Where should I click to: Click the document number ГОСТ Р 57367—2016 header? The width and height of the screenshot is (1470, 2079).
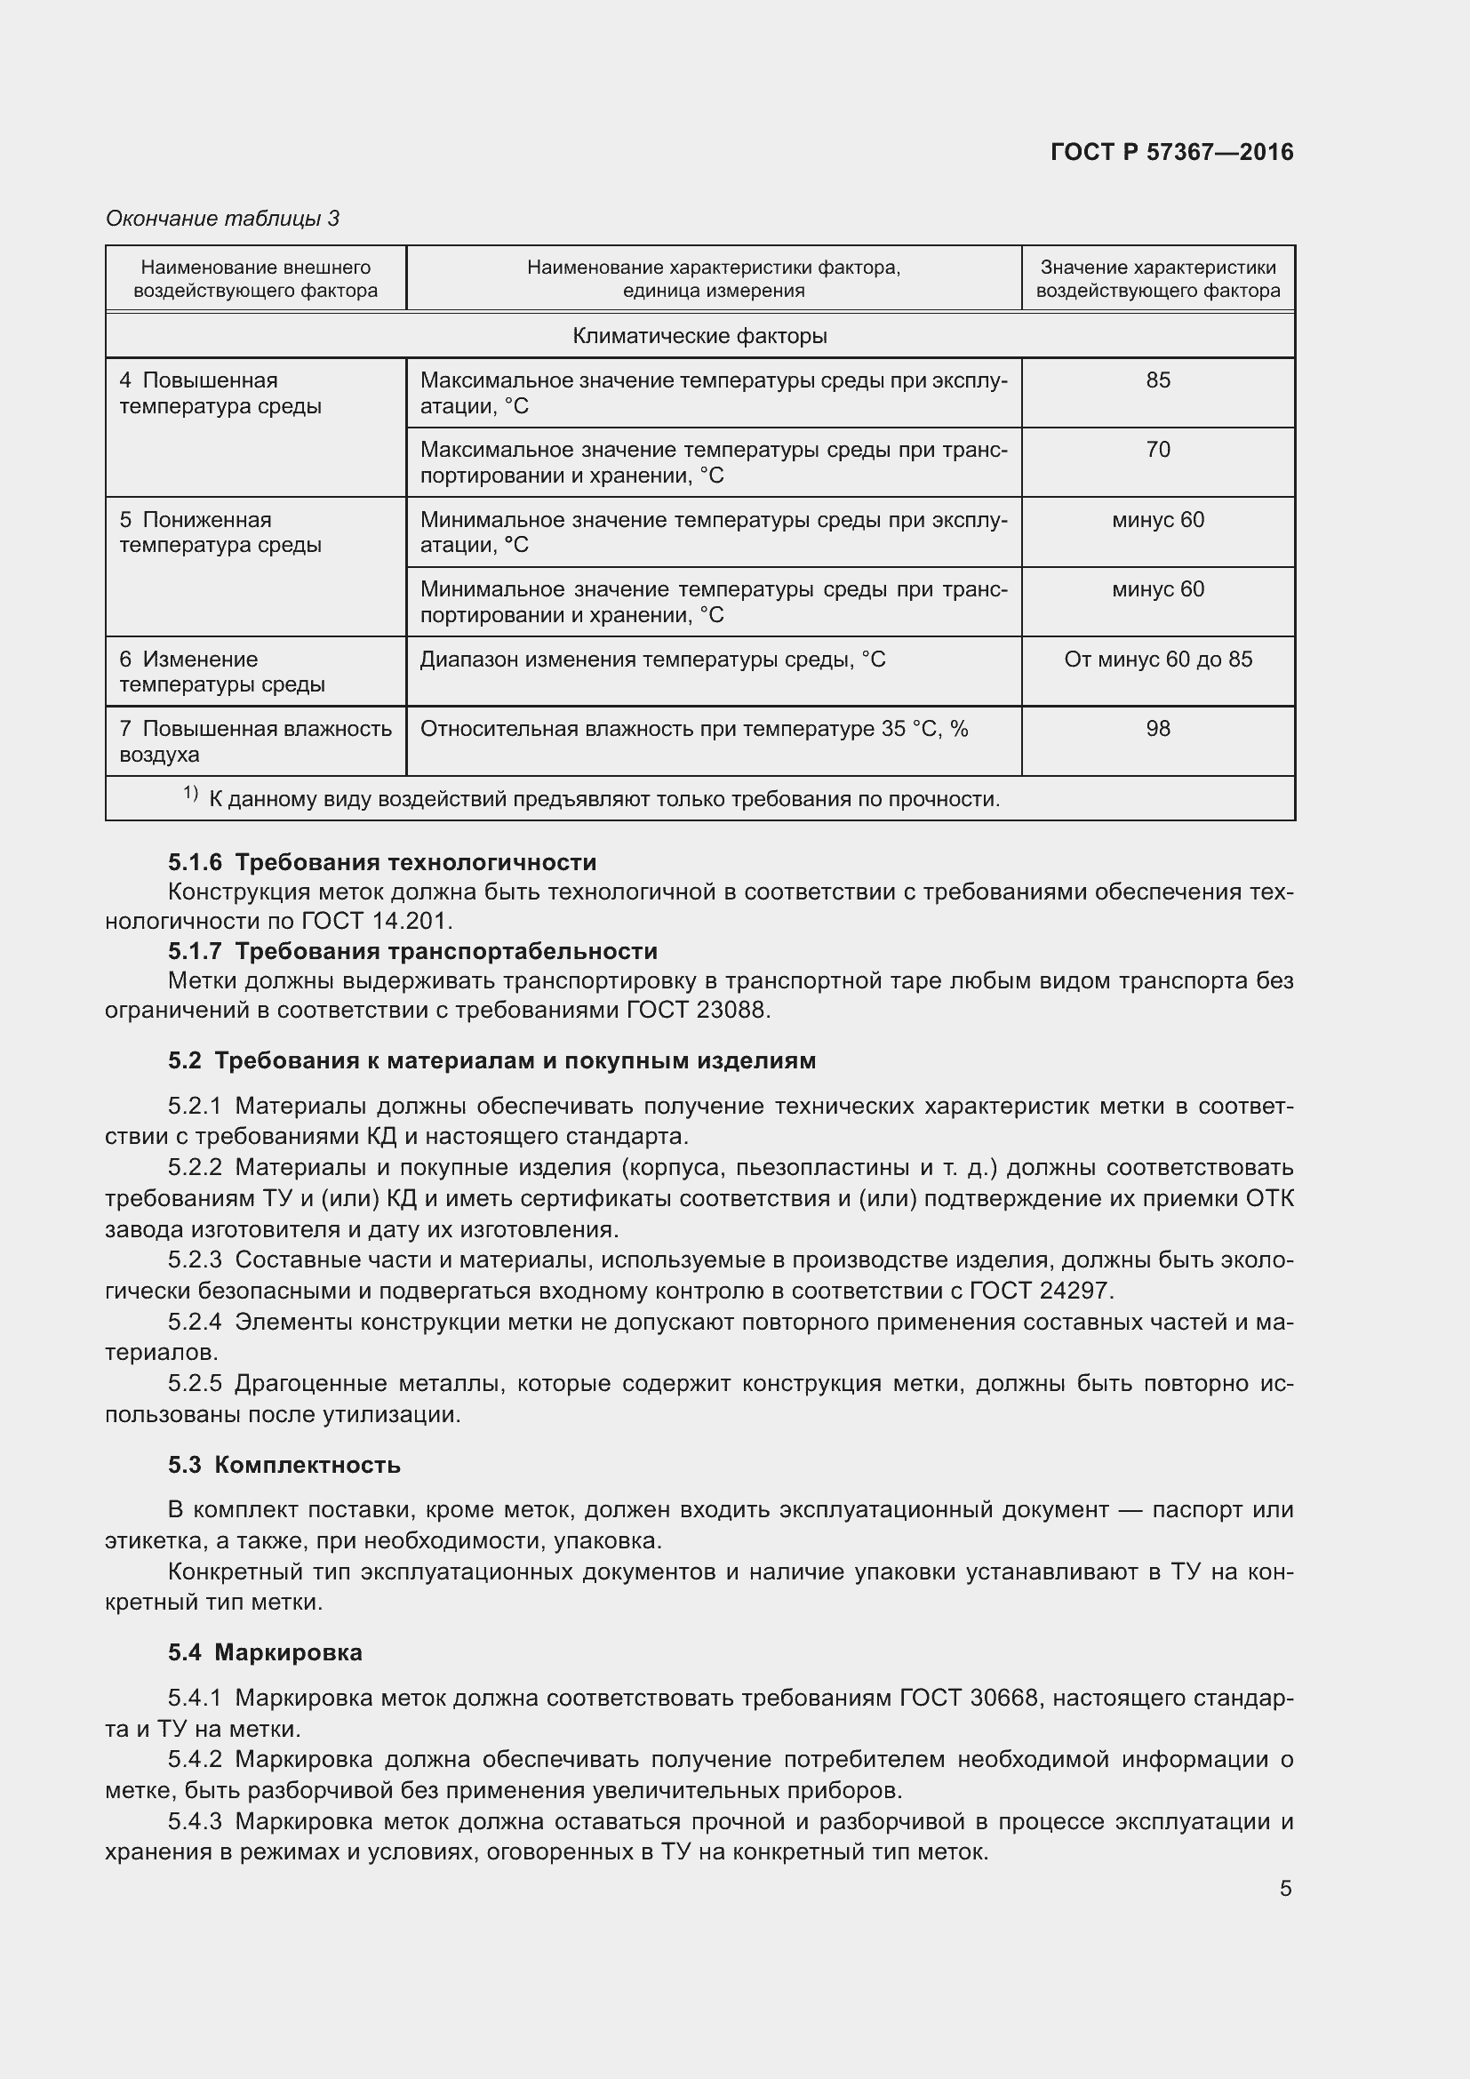(x=1171, y=152)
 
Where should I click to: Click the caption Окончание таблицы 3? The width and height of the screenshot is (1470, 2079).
(x=223, y=219)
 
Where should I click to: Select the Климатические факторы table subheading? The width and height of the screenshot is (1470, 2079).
(x=699, y=336)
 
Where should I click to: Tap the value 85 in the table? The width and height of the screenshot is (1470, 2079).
(x=1158, y=380)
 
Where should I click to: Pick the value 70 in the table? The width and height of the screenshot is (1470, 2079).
(x=1158, y=450)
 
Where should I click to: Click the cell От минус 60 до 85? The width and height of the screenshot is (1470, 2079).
(x=1158, y=660)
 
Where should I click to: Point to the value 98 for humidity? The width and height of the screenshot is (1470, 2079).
(x=1158, y=729)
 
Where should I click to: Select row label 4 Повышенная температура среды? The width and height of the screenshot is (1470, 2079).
(x=220, y=393)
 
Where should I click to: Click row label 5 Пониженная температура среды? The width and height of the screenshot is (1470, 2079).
(x=220, y=532)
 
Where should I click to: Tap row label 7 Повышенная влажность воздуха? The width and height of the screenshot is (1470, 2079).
(x=254, y=741)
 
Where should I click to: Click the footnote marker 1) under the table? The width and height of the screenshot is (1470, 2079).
(x=190, y=794)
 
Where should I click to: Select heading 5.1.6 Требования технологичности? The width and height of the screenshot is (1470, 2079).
(x=381, y=862)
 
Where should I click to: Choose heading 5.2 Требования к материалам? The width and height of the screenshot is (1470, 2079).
(x=491, y=1060)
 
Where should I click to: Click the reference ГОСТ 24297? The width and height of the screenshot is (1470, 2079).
(x=1041, y=1291)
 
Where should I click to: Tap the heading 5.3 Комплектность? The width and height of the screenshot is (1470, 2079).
(x=284, y=1465)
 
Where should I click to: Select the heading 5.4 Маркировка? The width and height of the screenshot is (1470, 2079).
(x=264, y=1652)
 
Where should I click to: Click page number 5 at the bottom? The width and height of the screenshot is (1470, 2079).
(x=1285, y=1889)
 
